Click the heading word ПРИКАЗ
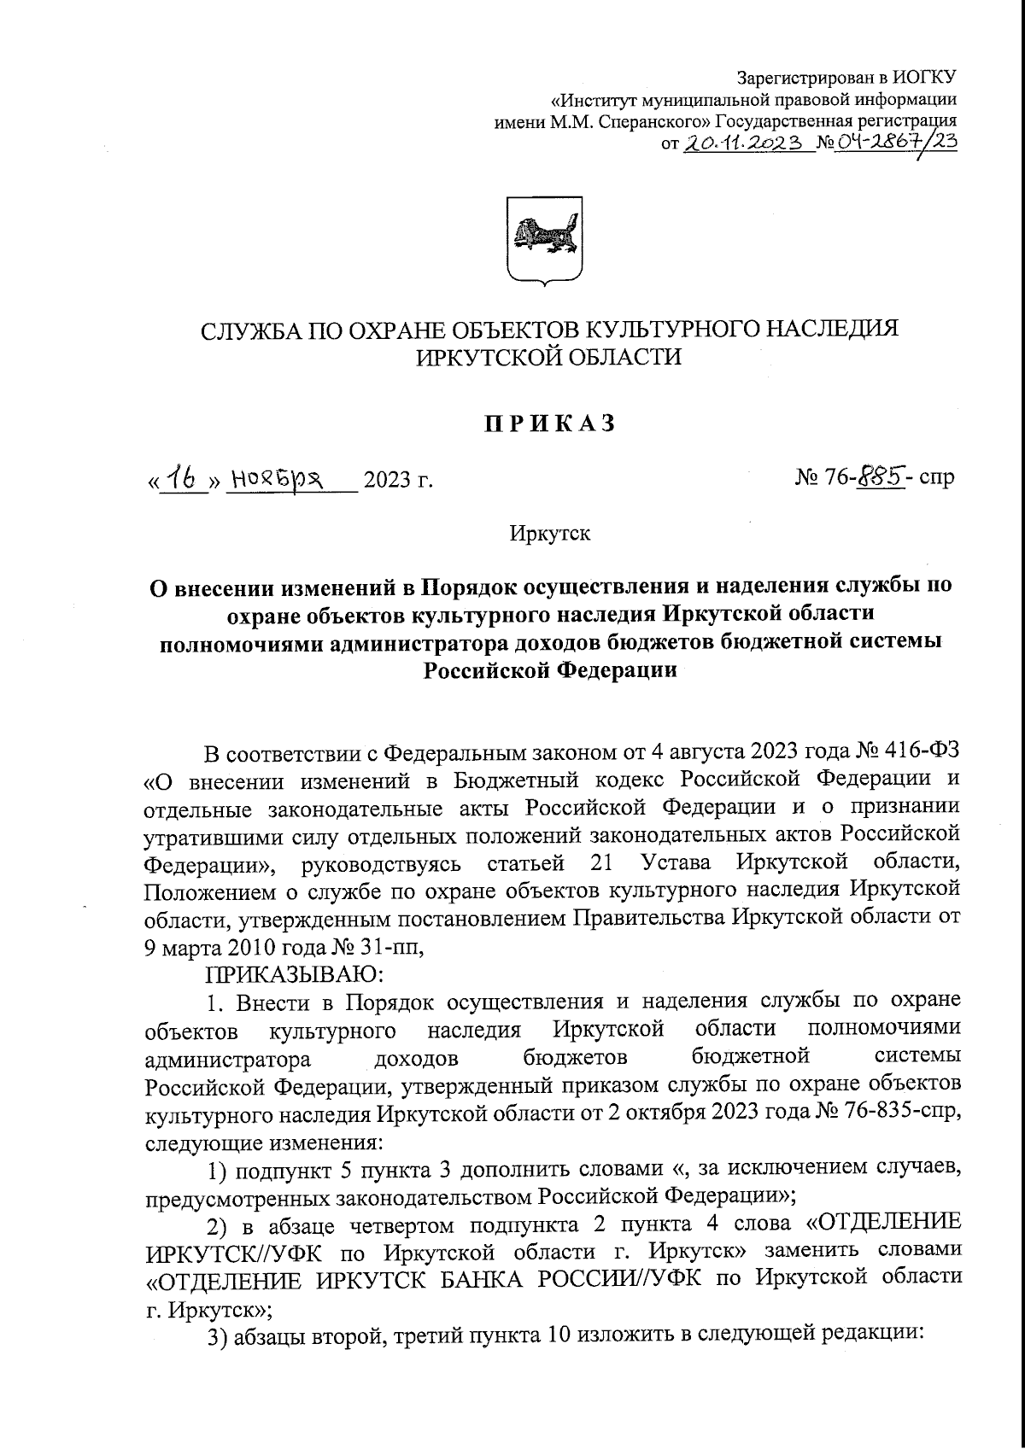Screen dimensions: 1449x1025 click(x=550, y=424)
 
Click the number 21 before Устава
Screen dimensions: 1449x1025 click(x=600, y=862)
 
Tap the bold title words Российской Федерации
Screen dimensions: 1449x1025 click(x=550, y=671)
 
